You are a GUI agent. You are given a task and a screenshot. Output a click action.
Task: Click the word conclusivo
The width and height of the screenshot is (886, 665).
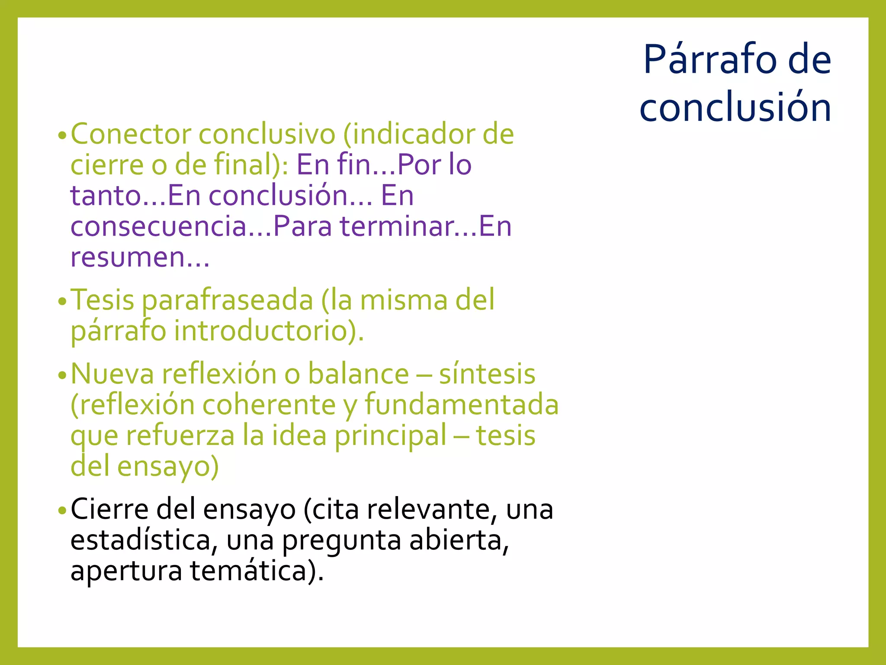[x=266, y=134]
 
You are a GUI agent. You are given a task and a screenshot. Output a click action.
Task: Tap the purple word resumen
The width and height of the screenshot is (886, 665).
[x=128, y=257]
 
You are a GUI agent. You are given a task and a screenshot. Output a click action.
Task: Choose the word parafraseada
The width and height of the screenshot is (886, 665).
[x=228, y=300]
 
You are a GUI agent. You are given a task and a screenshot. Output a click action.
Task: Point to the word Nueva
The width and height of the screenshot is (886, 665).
[x=112, y=374]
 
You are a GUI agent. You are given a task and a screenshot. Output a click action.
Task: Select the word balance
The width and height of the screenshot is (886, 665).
[x=359, y=374]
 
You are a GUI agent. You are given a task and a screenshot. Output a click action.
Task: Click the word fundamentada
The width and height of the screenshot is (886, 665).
[x=462, y=404]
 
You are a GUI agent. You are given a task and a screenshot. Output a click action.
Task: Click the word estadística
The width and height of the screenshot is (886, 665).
[x=141, y=540]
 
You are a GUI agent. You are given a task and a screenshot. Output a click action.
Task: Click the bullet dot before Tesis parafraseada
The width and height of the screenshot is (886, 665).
[x=62, y=301]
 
